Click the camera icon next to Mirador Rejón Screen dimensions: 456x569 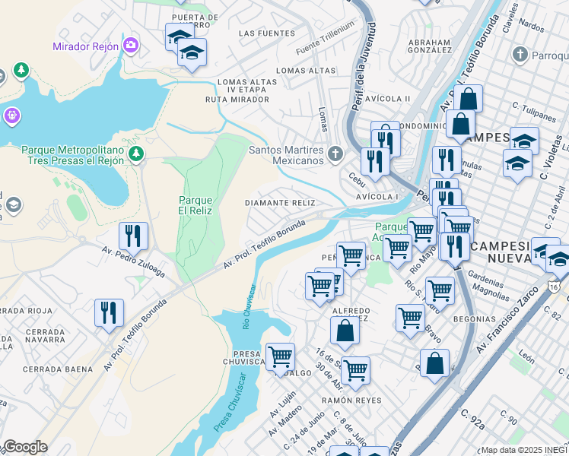132,46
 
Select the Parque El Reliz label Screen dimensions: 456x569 195,205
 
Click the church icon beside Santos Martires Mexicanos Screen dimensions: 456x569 335,155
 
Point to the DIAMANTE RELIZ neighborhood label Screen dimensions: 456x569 280,203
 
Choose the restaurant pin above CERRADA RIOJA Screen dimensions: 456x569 109,312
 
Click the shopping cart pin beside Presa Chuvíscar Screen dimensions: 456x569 280,356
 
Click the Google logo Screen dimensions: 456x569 24,447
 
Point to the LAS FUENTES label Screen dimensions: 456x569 266,33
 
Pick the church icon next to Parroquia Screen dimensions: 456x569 520,54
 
